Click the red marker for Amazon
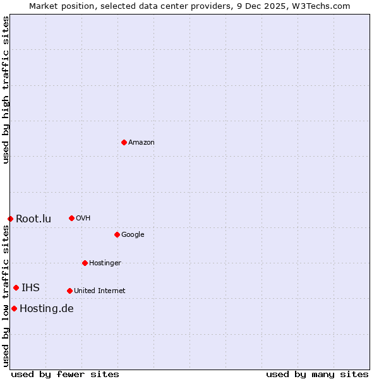point(124,142)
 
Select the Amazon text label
point(141,143)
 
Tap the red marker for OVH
point(71,218)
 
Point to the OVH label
point(83,219)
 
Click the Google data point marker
point(117,234)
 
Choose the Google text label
point(133,235)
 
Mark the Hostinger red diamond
point(85,263)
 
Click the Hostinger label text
point(105,263)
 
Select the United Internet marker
point(69,291)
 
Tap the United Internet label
point(100,291)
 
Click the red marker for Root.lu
point(10,219)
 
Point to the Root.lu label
point(33,219)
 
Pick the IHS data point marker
point(16,287)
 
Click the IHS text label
point(30,288)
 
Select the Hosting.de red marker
point(14,308)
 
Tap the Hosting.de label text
point(47,309)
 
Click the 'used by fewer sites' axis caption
point(65,374)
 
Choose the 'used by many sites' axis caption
point(317,374)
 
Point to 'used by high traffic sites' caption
point(6,90)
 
